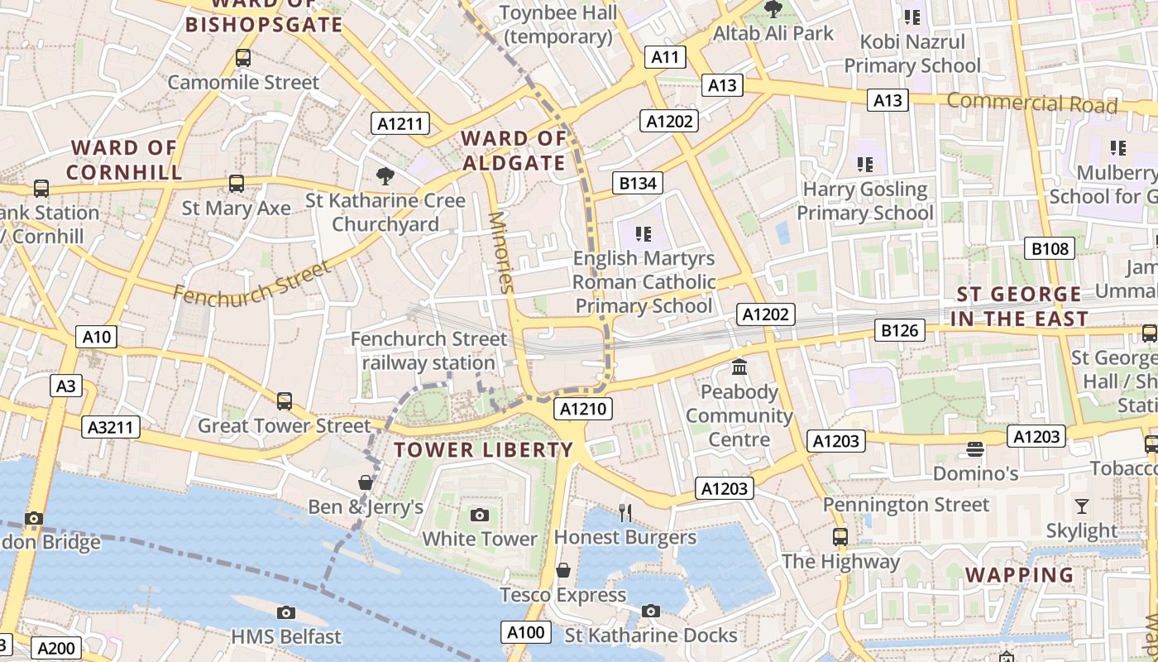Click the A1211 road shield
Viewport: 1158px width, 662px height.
coord(400,124)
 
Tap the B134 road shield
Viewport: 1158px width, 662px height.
coord(638,183)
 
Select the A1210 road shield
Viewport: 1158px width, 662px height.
coord(584,409)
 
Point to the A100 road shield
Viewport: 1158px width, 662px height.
coord(526,633)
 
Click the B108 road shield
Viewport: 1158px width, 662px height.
coord(1050,248)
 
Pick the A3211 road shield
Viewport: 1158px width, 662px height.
coord(112,427)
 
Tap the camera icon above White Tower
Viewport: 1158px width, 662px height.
coord(479,515)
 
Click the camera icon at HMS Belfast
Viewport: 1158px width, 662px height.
coord(286,612)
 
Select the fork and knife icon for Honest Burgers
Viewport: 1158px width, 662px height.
coord(625,513)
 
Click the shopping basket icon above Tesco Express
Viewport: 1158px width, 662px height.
coord(563,570)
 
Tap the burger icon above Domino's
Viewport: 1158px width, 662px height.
coord(975,449)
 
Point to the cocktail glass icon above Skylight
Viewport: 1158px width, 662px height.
coord(1081,506)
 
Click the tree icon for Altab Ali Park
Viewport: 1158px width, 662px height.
coord(773,10)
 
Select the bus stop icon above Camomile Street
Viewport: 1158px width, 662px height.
coord(242,58)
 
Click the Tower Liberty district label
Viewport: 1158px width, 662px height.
coord(483,450)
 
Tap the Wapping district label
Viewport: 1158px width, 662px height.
coord(1019,574)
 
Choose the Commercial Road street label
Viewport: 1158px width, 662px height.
coord(1031,103)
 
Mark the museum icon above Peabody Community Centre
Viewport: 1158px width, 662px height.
coord(739,366)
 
